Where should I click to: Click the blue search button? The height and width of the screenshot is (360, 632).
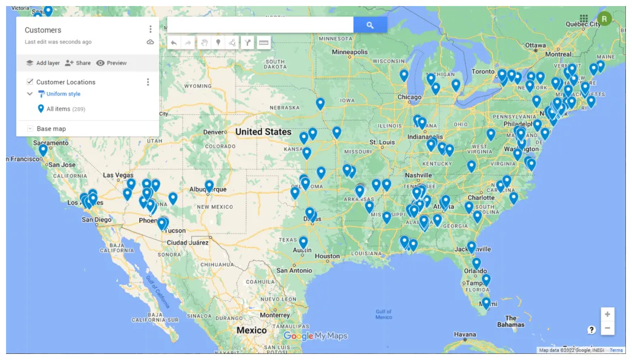[370, 25]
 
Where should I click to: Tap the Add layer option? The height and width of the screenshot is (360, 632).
[42, 63]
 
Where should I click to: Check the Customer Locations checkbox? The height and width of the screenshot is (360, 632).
[30, 82]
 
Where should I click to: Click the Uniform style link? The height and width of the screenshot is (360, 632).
[63, 94]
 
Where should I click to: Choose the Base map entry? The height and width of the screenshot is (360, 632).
[51, 129]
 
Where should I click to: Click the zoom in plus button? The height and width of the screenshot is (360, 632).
[607, 315]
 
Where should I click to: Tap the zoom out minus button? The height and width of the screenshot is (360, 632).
[607, 329]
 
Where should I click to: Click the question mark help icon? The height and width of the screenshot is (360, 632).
[591, 330]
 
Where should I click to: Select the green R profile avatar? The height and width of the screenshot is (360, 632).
[604, 19]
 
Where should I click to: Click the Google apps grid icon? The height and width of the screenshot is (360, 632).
[584, 19]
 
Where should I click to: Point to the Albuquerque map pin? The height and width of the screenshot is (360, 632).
[209, 185]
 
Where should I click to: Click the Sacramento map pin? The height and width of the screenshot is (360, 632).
[43, 149]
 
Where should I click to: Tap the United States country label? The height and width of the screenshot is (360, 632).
[263, 132]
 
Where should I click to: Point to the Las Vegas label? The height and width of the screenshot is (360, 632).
[118, 175]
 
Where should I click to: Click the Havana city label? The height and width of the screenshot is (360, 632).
[465, 335]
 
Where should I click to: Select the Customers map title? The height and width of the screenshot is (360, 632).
[43, 30]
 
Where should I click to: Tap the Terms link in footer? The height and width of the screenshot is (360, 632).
[616, 350]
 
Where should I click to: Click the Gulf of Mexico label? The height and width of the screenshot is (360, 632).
[383, 314]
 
